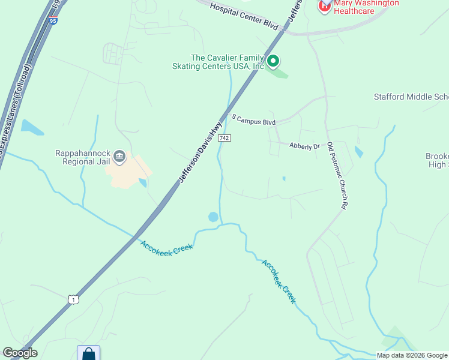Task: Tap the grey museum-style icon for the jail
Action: tap(119, 157)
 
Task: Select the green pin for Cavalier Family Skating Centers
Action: tap(273, 61)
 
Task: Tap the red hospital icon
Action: tap(324, 6)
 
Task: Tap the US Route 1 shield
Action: tap(73, 299)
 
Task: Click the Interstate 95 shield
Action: tap(53, 21)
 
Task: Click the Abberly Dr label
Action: tap(304, 146)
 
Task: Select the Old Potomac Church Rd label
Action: tap(339, 179)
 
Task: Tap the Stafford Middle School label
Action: tap(411, 97)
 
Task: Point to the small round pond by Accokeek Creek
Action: tap(213, 217)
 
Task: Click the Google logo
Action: tap(20, 353)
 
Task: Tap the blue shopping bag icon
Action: tap(88, 353)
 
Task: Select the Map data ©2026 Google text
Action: tap(411, 355)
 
